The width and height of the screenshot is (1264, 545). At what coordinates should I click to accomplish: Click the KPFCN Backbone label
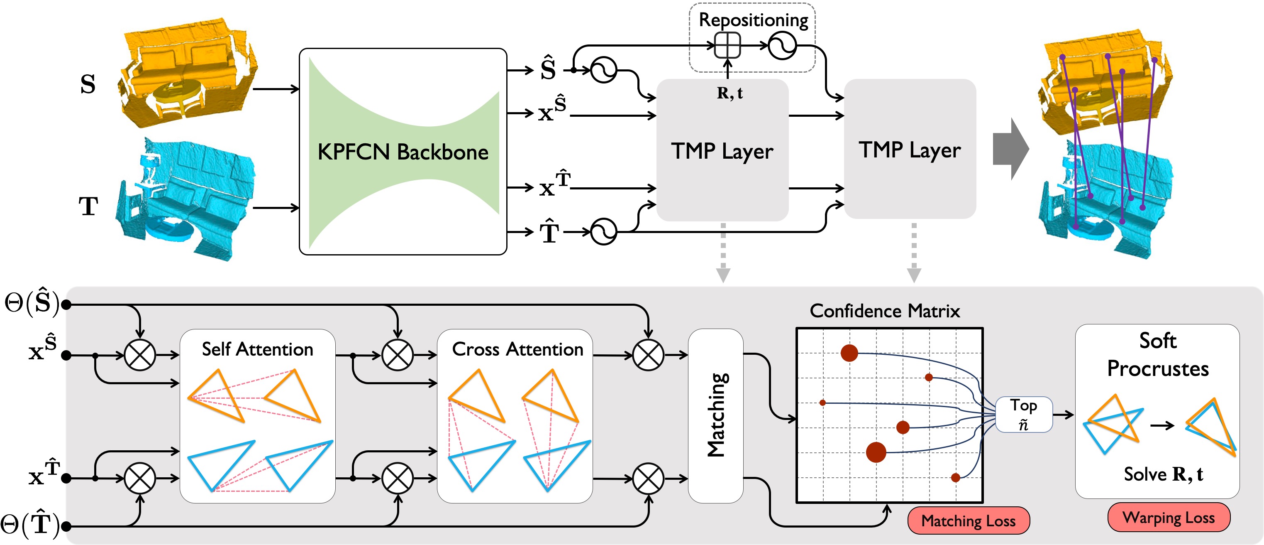(x=403, y=152)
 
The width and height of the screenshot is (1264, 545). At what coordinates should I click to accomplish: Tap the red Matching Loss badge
(x=969, y=520)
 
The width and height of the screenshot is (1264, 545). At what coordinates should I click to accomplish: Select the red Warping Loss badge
(x=1169, y=517)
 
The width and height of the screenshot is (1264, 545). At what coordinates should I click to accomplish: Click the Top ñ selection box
(x=1024, y=415)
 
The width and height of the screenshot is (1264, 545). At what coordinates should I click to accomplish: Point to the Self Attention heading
(x=258, y=349)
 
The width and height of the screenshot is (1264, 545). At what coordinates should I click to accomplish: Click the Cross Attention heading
(x=517, y=349)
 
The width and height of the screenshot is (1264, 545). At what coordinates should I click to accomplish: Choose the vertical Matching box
(x=716, y=415)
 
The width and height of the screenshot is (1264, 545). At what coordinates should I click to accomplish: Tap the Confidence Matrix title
(x=885, y=311)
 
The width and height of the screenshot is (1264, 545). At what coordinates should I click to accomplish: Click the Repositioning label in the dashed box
(x=753, y=20)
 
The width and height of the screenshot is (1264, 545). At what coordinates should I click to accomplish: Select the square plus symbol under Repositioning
(x=727, y=46)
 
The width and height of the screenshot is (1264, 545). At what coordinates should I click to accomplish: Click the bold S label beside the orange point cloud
(x=88, y=84)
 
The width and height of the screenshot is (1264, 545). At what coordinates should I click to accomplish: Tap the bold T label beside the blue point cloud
(x=88, y=206)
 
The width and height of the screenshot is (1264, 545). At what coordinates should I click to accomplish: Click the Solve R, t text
(x=1164, y=474)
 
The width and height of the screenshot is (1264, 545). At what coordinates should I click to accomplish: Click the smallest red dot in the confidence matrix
(x=822, y=403)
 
